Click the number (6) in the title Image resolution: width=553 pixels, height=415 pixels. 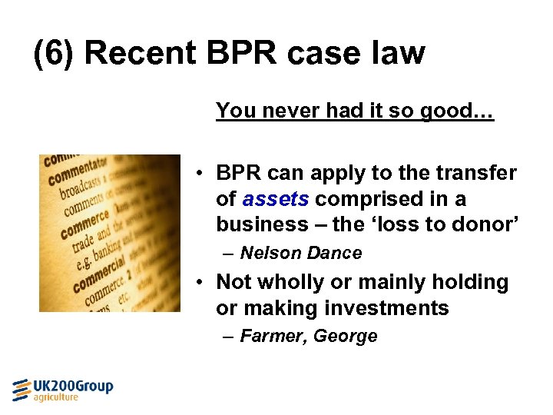point(55,53)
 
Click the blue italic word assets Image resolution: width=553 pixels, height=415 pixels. point(276,199)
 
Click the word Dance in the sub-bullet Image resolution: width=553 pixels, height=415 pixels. point(334,253)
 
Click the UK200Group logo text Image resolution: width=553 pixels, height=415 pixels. point(73,386)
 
